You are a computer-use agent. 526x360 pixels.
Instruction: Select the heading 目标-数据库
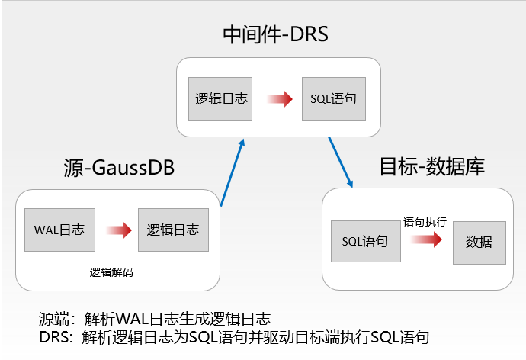pos(431,166)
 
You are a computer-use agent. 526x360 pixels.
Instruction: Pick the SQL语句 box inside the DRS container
pos(334,98)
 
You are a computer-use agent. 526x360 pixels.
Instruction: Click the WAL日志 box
pos(59,230)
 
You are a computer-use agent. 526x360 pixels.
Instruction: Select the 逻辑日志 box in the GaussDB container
pos(172,230)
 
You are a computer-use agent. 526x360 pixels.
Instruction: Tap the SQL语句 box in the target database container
pos(365,242)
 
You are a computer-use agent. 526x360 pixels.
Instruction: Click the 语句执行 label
pos(424,222)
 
